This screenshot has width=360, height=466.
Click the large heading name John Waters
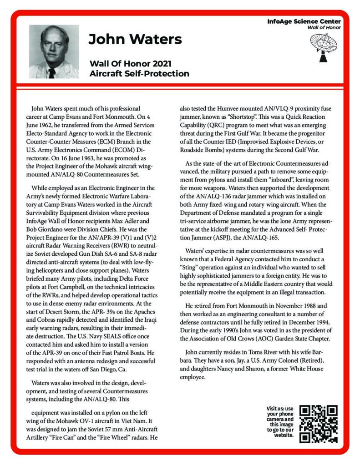point(135,40)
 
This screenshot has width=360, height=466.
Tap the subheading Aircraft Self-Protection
point(139,73)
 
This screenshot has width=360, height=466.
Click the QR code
point(319,424)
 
